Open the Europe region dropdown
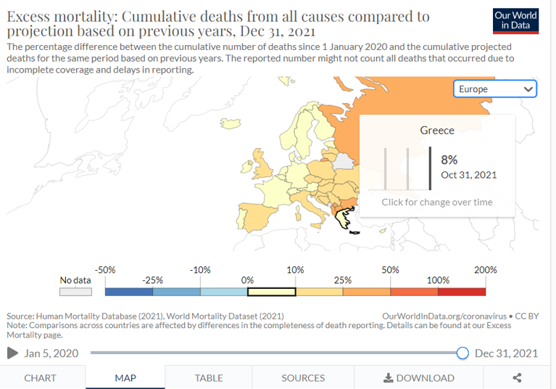tap(495, 89)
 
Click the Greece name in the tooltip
tap(437, 131)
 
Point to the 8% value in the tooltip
tap(449, 160)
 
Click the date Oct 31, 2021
tap(468, 175)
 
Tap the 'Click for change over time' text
tap(437, 202)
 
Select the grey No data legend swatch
tap(75, 292)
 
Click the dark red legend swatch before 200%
tap(462, 292)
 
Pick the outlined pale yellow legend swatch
tap(271, 292)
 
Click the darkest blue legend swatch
tap(129, 292)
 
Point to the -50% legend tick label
tap(106, 270)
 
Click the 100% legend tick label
tap(438, 280)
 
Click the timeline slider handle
tap(462, 353)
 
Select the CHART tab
tap(40, 377)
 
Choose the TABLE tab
tap(209, 377)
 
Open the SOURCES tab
tap(303, 377)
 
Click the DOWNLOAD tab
tap(419, 377)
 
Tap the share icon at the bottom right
tap(517, 377)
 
